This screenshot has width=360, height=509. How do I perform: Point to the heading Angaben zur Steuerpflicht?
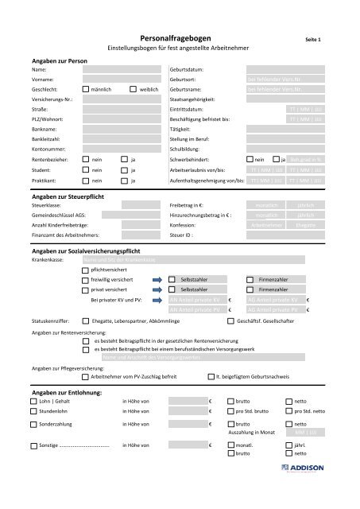[x=73, y=195]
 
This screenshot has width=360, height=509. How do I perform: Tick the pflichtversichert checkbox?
[x=86, y=270]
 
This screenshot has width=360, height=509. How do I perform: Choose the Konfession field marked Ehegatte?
[x=300, y=226]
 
